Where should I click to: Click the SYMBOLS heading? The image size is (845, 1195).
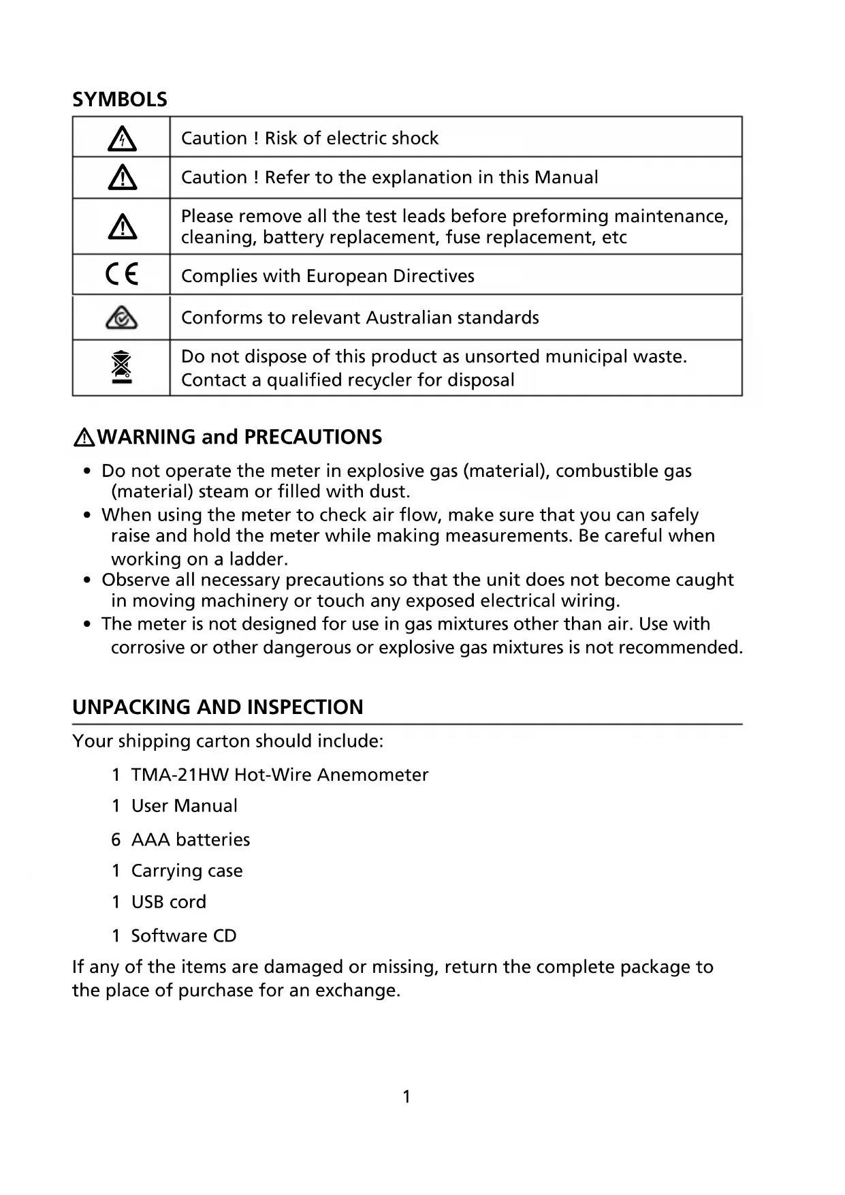(x=119, y=99)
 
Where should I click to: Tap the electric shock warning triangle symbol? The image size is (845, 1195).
(x=122, y=139)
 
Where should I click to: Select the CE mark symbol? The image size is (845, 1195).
(x=122, y=275)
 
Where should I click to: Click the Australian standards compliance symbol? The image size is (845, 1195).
(x=122, y=317)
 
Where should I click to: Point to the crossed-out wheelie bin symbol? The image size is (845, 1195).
(x=121, y=367)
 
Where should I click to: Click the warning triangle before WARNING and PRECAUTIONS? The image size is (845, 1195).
(x=84, y=437)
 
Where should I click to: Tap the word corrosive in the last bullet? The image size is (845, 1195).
(x=148, y=647)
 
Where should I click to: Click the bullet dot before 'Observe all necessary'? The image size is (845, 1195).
(x=87, y=580)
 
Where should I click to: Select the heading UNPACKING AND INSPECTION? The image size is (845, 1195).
(x=218, y=707)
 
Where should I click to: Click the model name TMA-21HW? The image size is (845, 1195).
(x=180, y=775)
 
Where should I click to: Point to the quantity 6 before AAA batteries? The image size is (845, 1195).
(x=116, y=839)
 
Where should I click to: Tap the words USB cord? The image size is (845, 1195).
(x=168, y=902)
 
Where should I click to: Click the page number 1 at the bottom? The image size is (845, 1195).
(x=406, y=1096)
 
